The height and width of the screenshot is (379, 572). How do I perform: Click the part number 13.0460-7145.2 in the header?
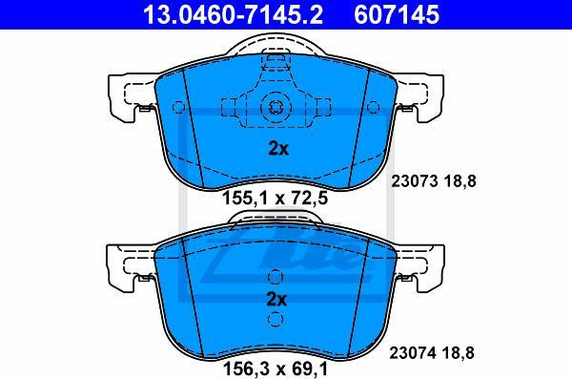click(x=233, y=14)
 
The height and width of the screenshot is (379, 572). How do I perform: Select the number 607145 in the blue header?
click(x=397, y=14)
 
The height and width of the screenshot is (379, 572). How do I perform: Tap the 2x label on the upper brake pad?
click(x=278, y=148)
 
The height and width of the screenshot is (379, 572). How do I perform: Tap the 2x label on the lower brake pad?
click(x=276, y=300)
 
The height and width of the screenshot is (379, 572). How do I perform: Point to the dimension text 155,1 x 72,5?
click(x=276, y=199)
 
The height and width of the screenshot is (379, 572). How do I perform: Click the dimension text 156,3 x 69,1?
click(x=276, y=368)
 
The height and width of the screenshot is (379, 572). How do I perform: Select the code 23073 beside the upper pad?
click(x=414, y=181)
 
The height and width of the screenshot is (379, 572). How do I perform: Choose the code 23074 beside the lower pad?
click(x=412, y=353)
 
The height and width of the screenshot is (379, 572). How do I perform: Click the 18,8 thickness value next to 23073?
click(x=460, y=181)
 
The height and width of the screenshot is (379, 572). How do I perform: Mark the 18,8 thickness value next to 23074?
click(x=459, y=353)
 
